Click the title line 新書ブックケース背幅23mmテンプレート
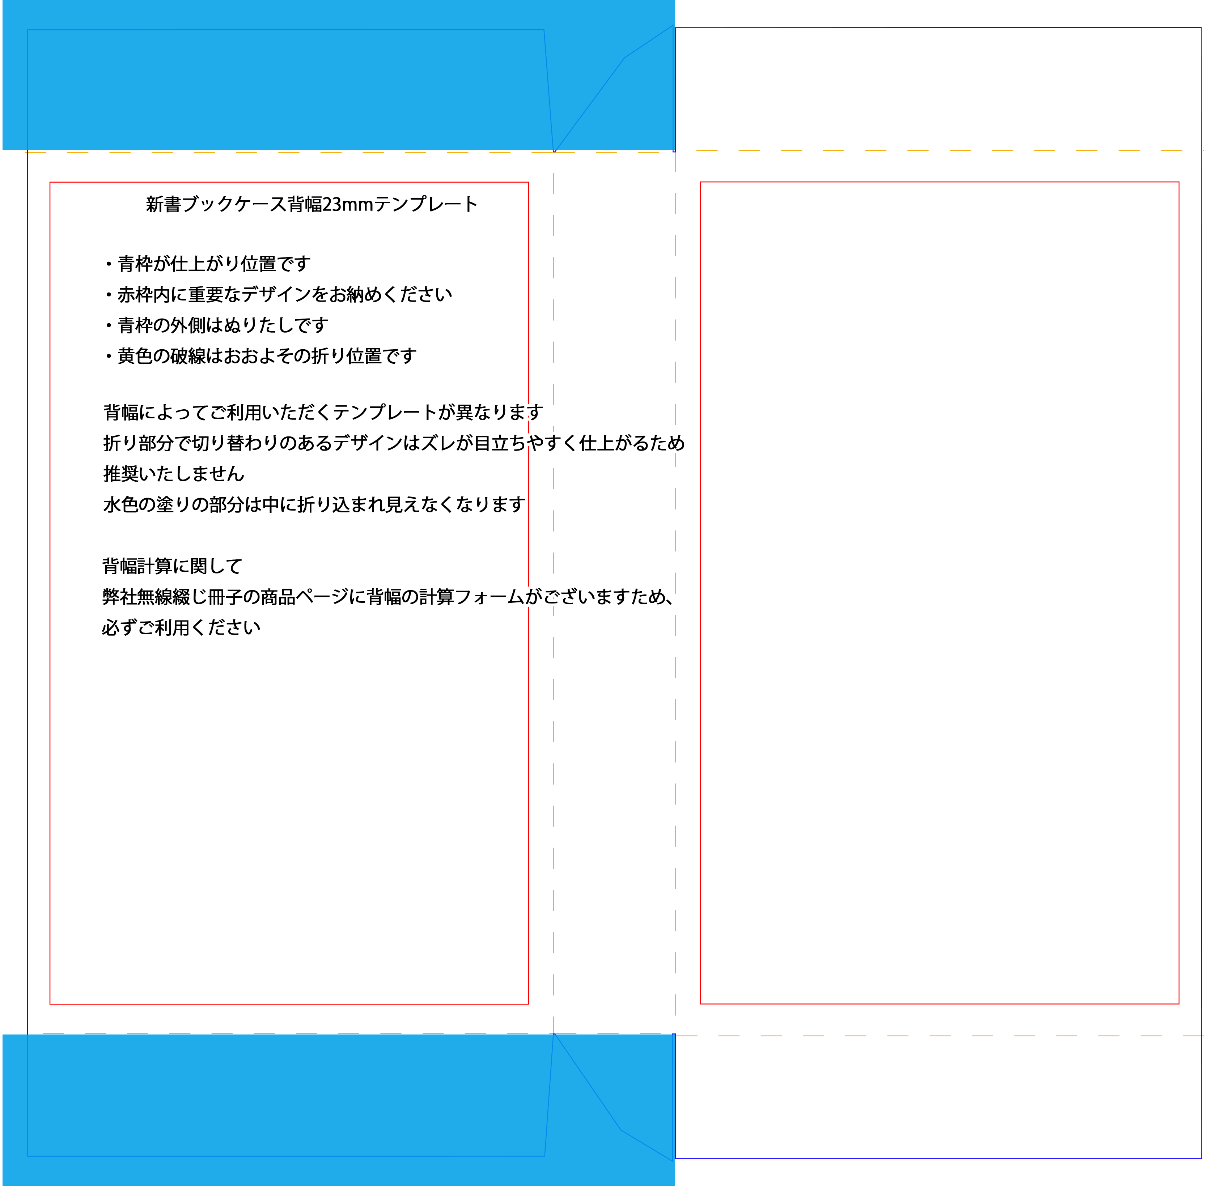click(x=312, y=204)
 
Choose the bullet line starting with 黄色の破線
click(x=260, y=356)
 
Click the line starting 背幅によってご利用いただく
click(x=323, y=413)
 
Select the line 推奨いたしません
click(x=174, y=474)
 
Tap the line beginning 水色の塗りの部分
click(x=314, y=505)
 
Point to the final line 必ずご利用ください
click(x=181, y=627)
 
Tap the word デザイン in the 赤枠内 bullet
click(x=276, y=295)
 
